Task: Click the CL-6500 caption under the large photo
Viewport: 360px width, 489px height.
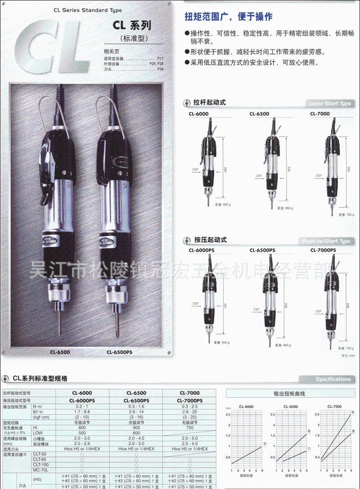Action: pyautogui.click(x=60, y=352)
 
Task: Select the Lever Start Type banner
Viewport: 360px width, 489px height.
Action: pyautogui.click(x=330, y=103)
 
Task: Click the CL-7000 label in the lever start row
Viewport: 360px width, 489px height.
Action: pyautogui.click(x=319, y=114)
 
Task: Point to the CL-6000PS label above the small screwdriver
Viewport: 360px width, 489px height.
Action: pyautogui.click(x=202, y=250)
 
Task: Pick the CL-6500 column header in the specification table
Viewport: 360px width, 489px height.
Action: pyautogui.click(x=136, y=393)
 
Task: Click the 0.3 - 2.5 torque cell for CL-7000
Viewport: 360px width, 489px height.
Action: pyautogui.click(x=189, y=407)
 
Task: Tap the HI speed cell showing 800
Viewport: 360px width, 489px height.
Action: pyautogui.click(x=82, y=427)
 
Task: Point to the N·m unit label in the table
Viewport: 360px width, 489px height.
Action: pyautogui.click(x=38, y=407)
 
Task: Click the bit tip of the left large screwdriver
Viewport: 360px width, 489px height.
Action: pyautogui.click(x=60, y=333)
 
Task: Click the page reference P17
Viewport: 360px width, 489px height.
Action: pyautogui.click(x=161, y=59)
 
